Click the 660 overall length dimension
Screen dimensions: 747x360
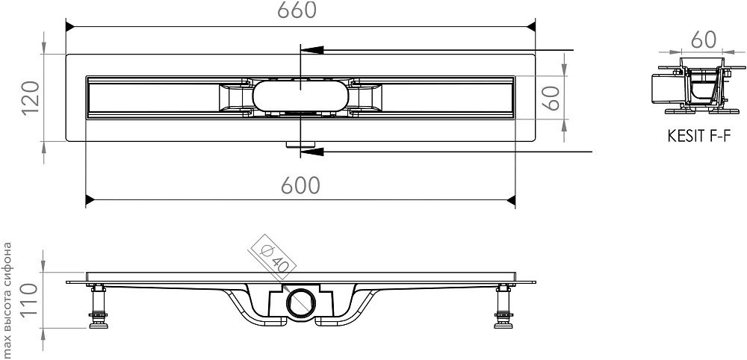297,10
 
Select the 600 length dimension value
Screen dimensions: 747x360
300,186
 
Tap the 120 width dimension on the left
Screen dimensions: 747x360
31,98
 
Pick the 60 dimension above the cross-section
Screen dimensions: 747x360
703,40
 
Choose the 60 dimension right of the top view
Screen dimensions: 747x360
552,98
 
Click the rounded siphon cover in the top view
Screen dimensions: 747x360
300,96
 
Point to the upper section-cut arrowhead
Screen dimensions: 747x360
312,49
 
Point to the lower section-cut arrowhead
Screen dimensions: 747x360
312,152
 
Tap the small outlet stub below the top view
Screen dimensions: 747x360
300,144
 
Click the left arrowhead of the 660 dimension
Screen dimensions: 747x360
70,26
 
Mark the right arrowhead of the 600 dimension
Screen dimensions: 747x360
511,200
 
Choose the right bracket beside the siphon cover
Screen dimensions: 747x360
366,97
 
